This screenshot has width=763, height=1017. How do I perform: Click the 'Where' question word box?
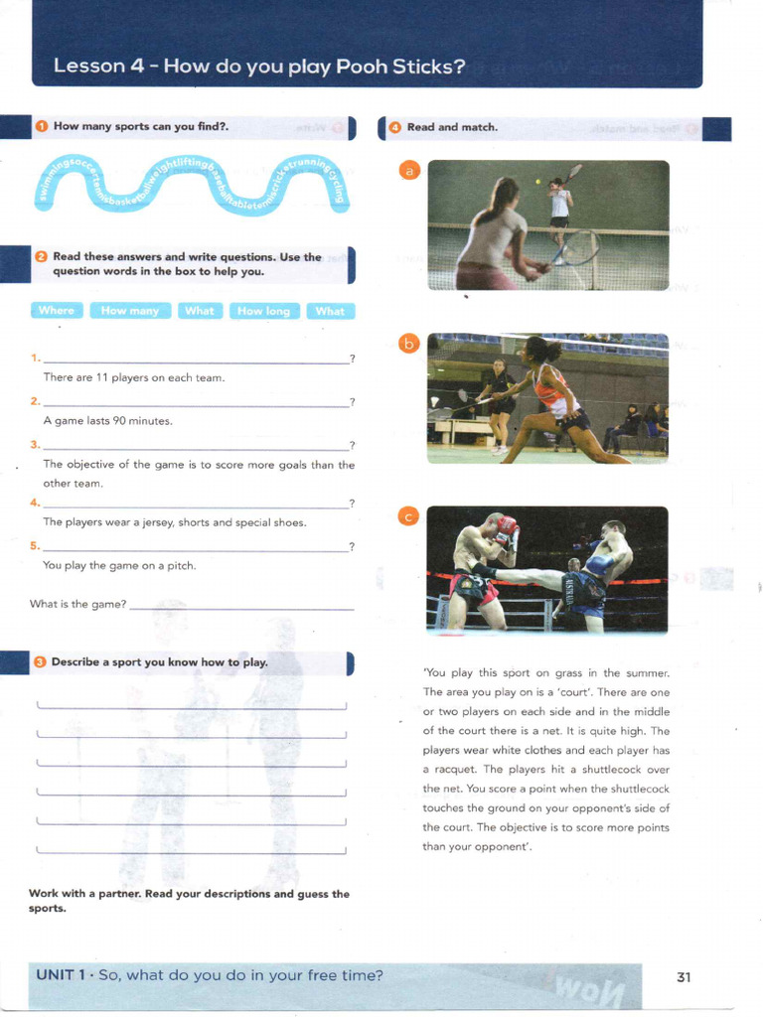point(57,311)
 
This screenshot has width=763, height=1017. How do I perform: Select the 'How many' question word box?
point(129,311)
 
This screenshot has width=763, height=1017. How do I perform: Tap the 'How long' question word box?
point(264,311)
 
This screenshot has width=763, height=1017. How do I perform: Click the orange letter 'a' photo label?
point(407,171)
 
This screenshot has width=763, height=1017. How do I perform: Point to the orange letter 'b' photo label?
point(407,344)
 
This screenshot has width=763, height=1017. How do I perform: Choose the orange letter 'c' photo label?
point(407,515)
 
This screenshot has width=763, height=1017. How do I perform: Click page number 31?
point(684,976)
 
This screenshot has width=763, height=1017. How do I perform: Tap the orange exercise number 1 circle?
point(41,126)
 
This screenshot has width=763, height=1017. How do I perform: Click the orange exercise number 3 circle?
point(40,661)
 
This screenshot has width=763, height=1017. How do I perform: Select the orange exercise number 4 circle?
point(394,127)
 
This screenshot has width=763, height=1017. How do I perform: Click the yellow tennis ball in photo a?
point(538,182)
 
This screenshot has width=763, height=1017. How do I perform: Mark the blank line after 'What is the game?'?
point(241,606)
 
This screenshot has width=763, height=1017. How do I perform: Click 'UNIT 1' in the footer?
point(62,975)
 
